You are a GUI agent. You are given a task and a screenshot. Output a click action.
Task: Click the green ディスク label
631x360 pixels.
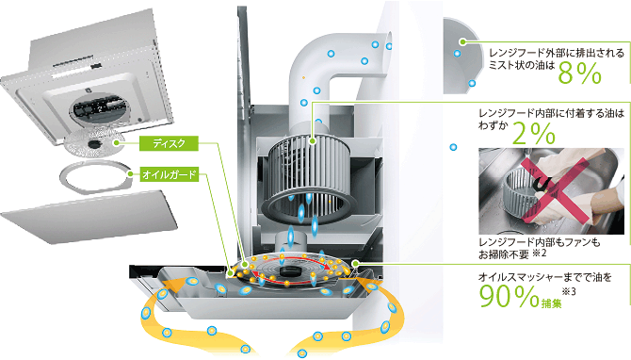(169, 143)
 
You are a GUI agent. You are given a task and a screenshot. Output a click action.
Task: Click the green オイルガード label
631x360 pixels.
(169, 174)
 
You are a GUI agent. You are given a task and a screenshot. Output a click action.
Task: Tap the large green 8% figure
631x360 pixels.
(579, 74)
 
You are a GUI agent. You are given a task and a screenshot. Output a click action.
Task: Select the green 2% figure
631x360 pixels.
(534, 134)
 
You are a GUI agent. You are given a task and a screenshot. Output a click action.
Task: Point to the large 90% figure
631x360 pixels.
(510, 297)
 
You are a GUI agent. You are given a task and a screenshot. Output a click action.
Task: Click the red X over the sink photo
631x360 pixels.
(555, 189)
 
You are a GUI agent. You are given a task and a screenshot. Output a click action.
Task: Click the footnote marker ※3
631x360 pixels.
(569, 291)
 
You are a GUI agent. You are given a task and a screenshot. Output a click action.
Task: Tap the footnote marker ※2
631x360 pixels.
(540, 254)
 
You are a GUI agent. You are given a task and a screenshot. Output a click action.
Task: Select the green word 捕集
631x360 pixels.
(551, 303)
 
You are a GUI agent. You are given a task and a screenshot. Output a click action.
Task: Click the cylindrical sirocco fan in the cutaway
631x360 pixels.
(309, 177)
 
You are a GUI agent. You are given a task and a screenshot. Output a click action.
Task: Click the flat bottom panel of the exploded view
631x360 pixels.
(89, 217)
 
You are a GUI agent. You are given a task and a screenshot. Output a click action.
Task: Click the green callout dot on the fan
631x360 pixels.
(313, 141)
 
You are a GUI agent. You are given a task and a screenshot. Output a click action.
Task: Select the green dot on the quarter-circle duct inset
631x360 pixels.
(463, 41)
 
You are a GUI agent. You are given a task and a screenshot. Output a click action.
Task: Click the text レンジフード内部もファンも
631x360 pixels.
(540, 242)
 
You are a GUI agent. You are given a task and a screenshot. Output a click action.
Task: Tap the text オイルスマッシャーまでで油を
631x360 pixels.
(545, 277)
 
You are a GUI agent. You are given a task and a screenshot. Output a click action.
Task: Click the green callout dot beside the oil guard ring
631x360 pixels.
(130, 174)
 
